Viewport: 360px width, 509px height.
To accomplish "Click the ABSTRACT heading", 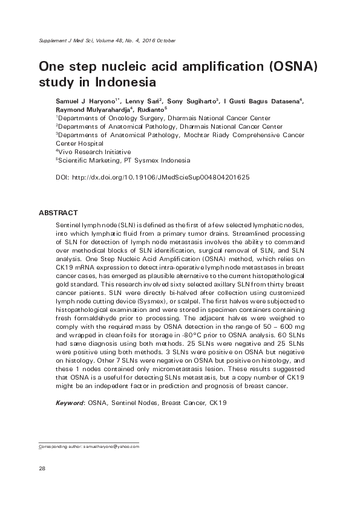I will [58, 213].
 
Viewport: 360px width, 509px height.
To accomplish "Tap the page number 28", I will [42, 468].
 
